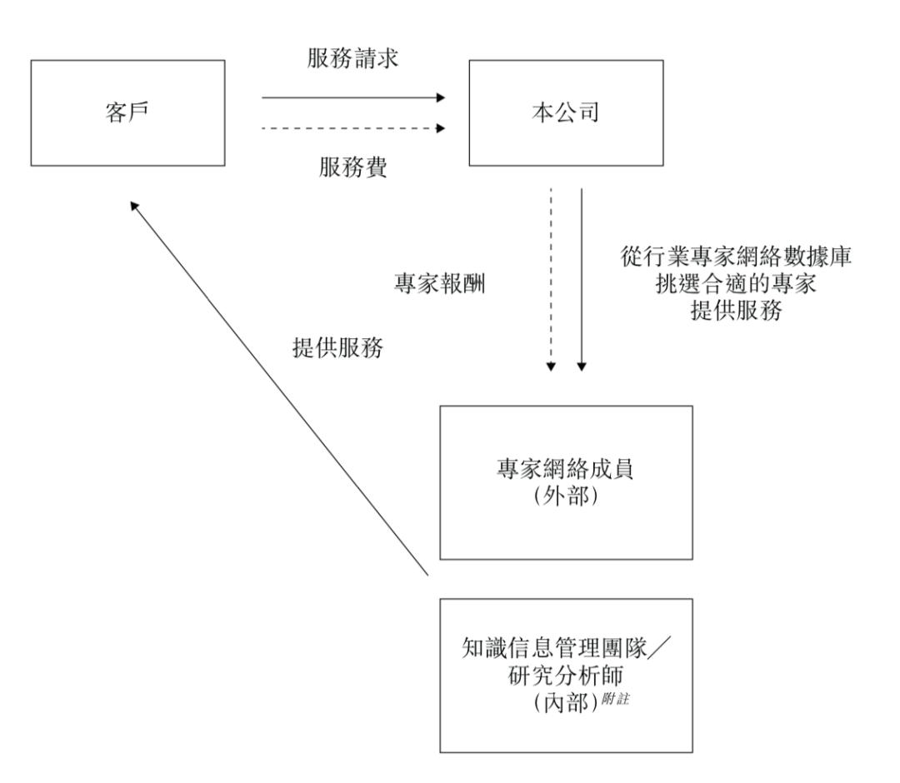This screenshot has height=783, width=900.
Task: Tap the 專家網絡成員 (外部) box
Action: [x=566, y=482]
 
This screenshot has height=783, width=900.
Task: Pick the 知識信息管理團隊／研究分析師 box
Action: [x=566, y=674]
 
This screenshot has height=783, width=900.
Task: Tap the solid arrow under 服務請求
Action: [x=353, y=97]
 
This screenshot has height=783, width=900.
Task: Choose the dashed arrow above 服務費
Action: [x=353, y=128]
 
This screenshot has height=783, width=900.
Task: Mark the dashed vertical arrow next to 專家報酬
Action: [x=551, y=280]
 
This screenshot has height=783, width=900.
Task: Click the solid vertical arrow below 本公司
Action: [x=582, y=280]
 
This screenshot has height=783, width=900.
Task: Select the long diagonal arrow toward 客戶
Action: [x=279, y=387]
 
